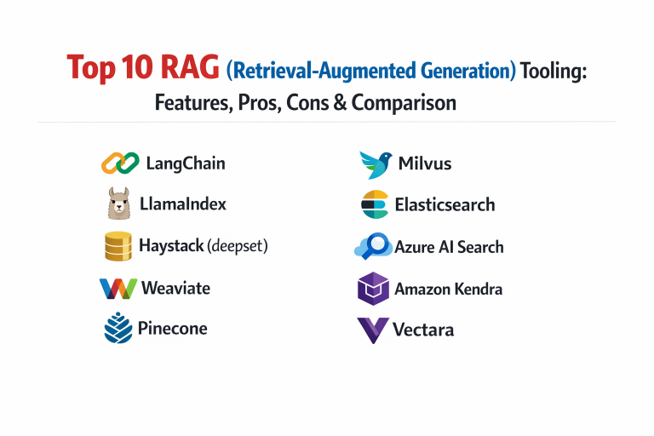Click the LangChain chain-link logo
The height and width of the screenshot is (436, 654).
coord(120,163)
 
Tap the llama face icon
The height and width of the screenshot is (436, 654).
coord(119,204)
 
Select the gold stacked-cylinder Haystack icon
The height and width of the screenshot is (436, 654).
coord(118,246)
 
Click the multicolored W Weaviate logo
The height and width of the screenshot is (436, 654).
coord(118,289)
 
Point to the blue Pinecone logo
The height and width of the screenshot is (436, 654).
coord(118,328)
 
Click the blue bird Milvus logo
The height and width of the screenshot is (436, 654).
coord(376,165)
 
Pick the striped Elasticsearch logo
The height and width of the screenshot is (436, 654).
coord(375,204)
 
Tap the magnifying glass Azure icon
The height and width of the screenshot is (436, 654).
coord(373,246)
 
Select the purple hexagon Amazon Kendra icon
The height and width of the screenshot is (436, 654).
coord(373,289)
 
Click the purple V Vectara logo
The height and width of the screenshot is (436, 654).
coord(373,330)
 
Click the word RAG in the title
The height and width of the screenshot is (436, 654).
coord(190,66)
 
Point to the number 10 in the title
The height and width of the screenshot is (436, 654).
coord(137,66)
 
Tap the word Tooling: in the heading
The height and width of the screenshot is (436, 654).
coord(554,71)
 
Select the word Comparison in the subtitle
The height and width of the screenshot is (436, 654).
coord(404,103)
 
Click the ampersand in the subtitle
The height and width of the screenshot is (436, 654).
coord(340,102)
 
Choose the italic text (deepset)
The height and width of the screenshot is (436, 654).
coord(238,246)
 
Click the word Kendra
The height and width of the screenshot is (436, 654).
coord(478,289)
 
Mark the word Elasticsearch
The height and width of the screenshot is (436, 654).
coord(445,205)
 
